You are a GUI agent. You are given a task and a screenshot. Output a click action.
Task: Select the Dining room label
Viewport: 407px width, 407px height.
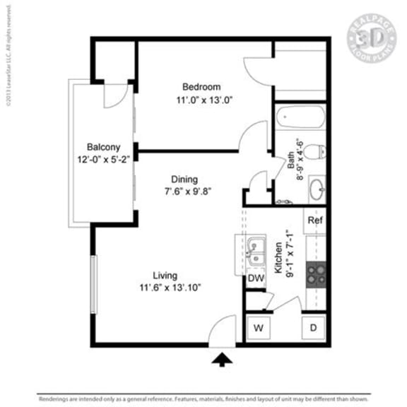pos(183,179)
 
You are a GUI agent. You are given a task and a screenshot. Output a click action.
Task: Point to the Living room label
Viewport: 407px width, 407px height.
pos(166,275)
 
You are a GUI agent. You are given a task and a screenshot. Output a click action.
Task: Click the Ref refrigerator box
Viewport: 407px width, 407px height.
pos(316,220)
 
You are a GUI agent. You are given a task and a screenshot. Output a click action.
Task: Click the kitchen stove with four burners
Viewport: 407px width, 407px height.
pos(315,273)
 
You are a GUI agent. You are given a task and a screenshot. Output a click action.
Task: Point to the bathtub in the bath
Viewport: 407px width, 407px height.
pos(300,117)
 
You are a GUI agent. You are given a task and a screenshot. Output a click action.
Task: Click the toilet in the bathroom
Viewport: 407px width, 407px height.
pos(318,151)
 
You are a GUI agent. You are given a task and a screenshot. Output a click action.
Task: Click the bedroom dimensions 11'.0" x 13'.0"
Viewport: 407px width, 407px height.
pos(204,100)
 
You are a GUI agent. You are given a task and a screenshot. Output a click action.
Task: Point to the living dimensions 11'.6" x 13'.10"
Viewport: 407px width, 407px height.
pos(170,288)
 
